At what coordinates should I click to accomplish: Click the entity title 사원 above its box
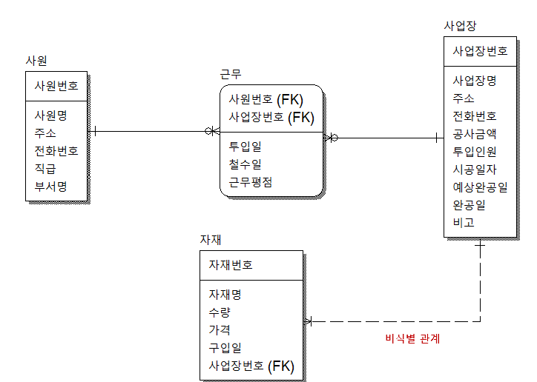coord(36,60)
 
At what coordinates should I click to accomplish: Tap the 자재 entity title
coord(211,240)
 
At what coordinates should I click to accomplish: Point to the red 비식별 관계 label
coord(413,339)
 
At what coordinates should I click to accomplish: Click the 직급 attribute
coord(46,168)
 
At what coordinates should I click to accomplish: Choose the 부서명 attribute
coord(51,186)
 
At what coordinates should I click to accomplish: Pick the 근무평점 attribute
coord(251,182)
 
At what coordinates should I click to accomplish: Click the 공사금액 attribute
coord(475,134)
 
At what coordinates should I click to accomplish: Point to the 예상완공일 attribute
coord(480,187)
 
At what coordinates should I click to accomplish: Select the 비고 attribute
coord(464,222)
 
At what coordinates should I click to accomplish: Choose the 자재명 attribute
coord(225,294)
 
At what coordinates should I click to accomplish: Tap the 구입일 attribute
coord(225,347)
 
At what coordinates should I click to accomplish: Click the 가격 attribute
coord(220,329)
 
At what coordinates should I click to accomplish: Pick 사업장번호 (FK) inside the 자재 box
coord(251,366)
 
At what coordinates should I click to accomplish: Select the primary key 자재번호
coord(231,265)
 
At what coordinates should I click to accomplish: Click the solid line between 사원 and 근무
coord(148,132)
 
